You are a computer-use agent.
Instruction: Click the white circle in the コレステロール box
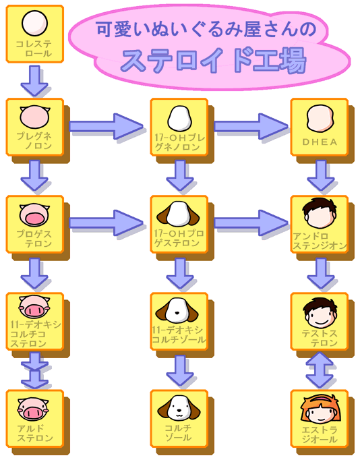[34, 24]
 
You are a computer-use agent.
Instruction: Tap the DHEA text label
[320, 142]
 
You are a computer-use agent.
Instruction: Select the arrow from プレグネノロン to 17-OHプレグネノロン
[106, 126]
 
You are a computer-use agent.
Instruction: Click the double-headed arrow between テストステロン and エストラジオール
[320, 370]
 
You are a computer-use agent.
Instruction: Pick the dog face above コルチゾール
[179, 408]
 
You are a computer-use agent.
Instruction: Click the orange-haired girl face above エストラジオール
[320, 409]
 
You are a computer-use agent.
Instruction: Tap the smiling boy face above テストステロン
[320, 314]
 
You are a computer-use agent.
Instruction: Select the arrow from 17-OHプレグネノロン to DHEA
[251, 126]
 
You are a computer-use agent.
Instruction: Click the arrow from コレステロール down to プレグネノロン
[34, 81]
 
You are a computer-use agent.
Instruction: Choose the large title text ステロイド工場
[213, 61]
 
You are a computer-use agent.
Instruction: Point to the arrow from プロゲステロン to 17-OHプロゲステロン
[106, 223]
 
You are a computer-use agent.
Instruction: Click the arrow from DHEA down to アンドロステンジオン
[320, 175]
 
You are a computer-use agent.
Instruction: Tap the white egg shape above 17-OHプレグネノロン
[179, 119]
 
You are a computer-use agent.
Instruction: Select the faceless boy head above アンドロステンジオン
[320, 213]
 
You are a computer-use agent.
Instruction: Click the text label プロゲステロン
[34, 239]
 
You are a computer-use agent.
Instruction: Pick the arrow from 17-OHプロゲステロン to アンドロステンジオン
[251, 223]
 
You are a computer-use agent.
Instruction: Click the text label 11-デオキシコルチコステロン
[35, 334]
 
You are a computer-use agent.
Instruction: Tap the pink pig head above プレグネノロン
[34, 117]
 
